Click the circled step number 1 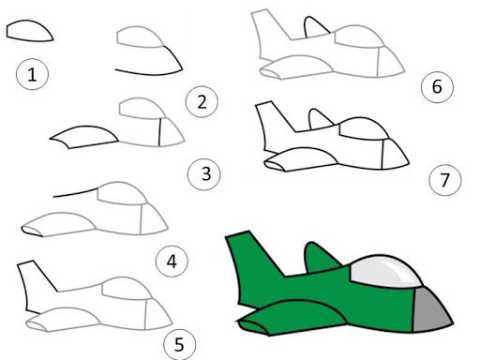point(32,74)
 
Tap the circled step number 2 point(202,101)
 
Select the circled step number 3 point(204,173)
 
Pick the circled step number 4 point(172,262)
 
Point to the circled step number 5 point(180,345)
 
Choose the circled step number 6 point(437,86)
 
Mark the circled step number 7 point(445,180)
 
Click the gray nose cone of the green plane point(430,311)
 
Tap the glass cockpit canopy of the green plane point(385,271)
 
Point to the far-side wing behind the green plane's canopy point(321,258)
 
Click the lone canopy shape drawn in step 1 point(29,31)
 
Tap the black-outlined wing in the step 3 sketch point(83,137)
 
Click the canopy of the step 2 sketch point(139,37)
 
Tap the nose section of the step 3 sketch point(171,133)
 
